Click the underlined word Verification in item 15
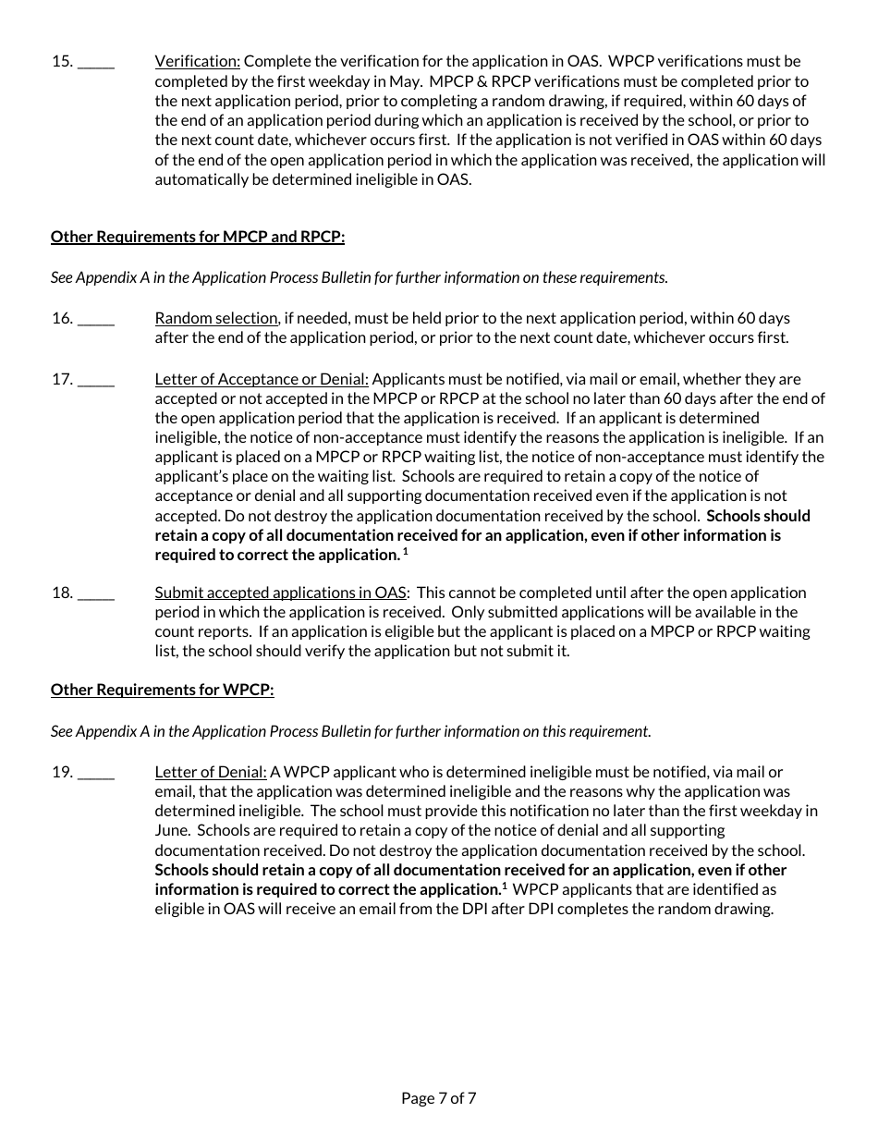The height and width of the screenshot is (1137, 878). point(197,62)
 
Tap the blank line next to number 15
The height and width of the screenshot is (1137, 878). point(96,63)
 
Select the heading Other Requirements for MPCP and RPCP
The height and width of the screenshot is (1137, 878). point(197,237)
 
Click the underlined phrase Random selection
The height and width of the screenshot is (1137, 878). point(215,318)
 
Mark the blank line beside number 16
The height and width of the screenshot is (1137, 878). point(96,319)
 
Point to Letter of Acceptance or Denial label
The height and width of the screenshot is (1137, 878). point(262,379)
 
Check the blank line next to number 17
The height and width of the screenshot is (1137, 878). point(96,380)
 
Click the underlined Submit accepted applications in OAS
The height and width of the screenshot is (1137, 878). point(280,593)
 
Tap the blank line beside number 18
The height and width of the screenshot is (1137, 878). point(96,593)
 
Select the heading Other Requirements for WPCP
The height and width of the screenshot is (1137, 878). point(162,690)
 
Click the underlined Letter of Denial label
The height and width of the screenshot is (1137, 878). point(211,772)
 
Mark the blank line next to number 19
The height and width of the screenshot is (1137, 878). point(96,773)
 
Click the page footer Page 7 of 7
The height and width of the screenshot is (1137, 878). point(439,1098)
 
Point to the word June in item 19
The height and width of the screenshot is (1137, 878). point(172,830)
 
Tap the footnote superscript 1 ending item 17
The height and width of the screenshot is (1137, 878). point(405,552)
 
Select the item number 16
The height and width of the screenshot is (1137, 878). point(62,318)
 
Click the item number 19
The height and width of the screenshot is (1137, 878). point(62,772)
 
